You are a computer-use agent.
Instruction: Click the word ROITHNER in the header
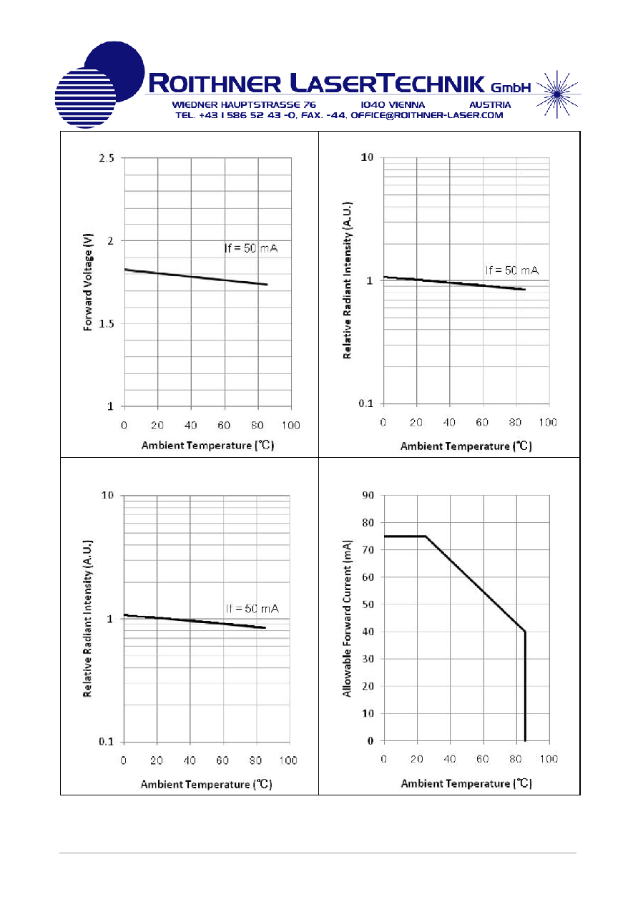215,84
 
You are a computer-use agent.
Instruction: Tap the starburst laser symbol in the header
557,94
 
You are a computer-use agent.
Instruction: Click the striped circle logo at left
86,98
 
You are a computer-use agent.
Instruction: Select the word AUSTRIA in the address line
490,105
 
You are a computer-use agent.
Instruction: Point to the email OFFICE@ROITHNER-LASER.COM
427,116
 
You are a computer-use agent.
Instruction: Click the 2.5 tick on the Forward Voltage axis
107,158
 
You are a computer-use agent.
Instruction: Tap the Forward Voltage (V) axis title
88,282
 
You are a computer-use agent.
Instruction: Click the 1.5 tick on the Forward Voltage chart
107,324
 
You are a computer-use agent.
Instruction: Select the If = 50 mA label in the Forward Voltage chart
251,248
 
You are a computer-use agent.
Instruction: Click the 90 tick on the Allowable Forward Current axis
368,495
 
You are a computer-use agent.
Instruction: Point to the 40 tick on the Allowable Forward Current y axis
368,632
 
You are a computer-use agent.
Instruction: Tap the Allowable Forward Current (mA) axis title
347,619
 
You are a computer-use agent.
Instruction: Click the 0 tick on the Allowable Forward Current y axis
370,740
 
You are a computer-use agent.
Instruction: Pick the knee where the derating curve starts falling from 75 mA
426,536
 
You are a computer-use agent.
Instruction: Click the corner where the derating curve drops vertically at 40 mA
525,632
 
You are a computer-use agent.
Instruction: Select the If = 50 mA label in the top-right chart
512,270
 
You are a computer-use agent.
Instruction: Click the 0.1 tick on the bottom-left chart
107,742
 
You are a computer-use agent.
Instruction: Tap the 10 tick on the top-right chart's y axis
367,157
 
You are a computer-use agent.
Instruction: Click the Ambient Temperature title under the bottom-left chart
207,785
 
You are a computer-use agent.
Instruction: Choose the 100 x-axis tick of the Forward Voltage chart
291,426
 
